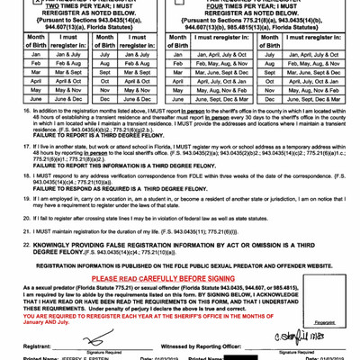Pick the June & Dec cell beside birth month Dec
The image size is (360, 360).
(x=133, y=116)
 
